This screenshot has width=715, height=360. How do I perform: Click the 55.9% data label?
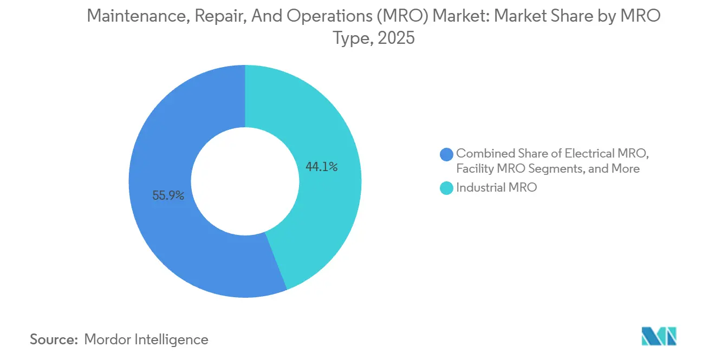168,196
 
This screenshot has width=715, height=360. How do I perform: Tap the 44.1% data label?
322,167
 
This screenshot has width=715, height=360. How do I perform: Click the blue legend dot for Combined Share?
446,154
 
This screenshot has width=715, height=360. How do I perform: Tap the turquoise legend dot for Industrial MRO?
446,188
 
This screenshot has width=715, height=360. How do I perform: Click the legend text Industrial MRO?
496,188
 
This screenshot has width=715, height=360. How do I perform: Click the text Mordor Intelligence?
146,339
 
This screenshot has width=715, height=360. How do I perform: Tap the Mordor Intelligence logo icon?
659,336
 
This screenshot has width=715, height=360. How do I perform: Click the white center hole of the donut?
245,181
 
